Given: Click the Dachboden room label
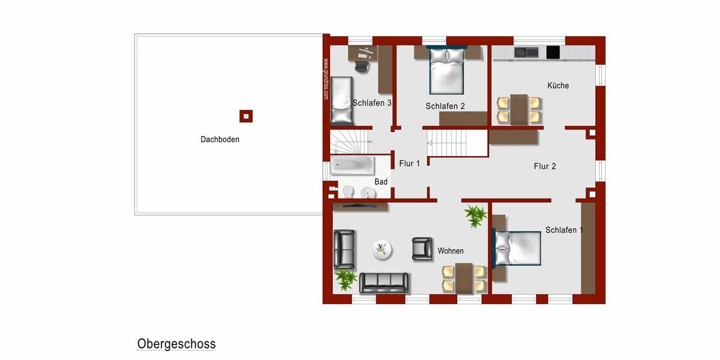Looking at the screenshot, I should click(220, 140).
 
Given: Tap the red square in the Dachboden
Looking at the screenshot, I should click(246, 116).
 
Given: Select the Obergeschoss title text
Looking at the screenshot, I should click(176, 344).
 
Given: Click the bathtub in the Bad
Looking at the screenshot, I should click(352, 164).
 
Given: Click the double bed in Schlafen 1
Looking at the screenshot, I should click(517, 248).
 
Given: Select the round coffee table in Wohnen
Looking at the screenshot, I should click(382, 249).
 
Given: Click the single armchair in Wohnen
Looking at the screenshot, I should click(422, 248).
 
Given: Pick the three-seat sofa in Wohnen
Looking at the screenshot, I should click(384, 282).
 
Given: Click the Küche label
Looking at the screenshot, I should click(558, 86).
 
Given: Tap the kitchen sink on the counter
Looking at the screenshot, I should click(526, 52).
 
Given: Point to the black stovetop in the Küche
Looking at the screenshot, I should click(553, 52).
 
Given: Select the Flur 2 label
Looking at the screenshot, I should click(545, 166).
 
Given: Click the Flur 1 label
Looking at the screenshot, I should click(410, 163).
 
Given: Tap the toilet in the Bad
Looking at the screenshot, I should click(347, 191).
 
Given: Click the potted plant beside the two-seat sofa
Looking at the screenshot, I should click(346, 278).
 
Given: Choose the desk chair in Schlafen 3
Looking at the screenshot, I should click(362, 63).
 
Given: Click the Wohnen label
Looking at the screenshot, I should click(451, 251).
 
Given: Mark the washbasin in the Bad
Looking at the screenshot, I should click(368, 192).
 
